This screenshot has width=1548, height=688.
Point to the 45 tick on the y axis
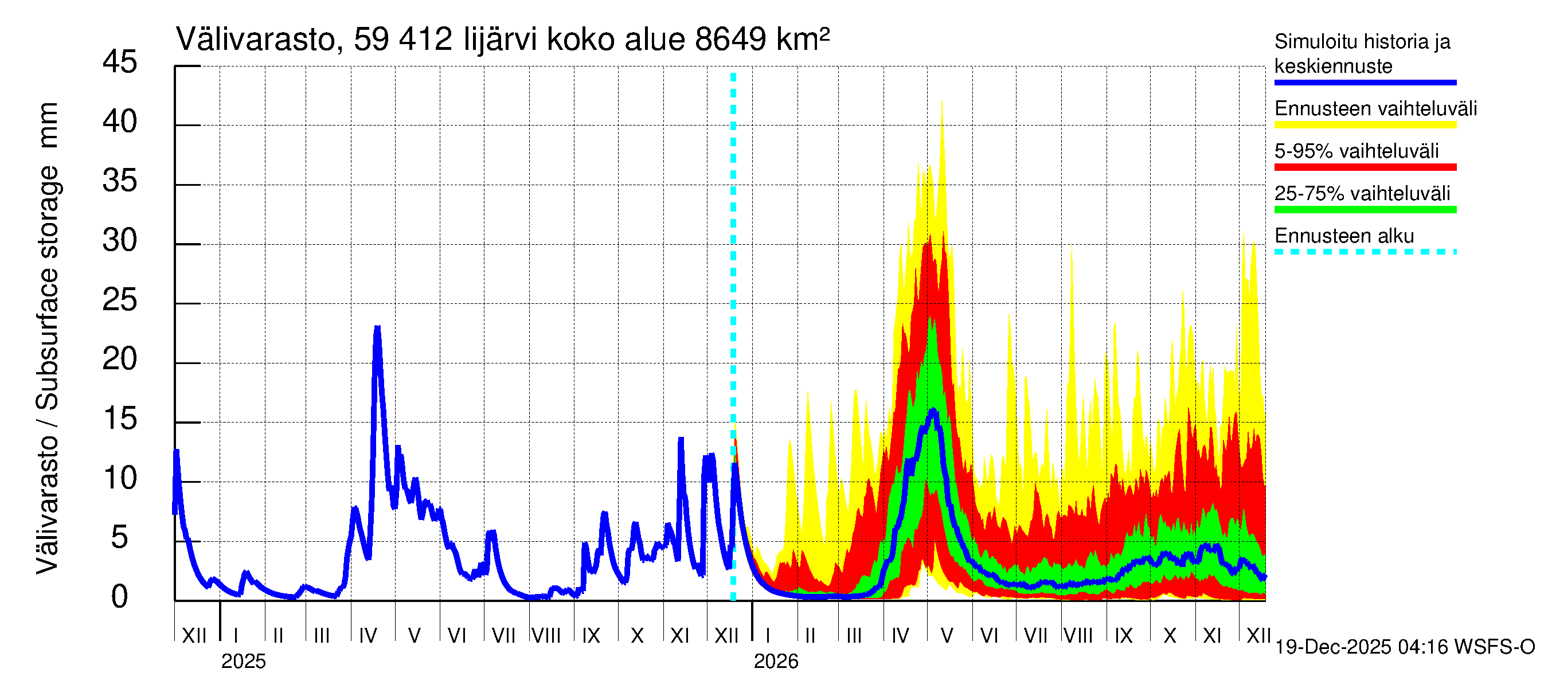coord(120,62)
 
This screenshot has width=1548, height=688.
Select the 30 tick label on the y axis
coord(120,241)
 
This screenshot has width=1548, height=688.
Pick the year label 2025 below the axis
coord(243,662)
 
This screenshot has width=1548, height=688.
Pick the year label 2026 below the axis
coord(776,662)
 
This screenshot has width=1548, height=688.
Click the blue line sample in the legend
coord(1365,83)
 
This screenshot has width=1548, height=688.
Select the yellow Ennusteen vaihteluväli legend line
coord(1365,125)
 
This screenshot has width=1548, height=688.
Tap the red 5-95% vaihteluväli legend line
coord(1365,167)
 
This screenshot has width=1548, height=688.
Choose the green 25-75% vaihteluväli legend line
coord(1365,210)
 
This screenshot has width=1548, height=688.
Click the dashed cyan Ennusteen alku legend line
coord(1365,252)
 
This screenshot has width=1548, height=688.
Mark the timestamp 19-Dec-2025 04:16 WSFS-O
coord(1404,647)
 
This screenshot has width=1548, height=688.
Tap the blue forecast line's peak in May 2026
coord(933,411)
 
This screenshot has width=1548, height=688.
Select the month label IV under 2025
coord(367,636)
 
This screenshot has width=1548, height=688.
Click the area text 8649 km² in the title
coord(762,40)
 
